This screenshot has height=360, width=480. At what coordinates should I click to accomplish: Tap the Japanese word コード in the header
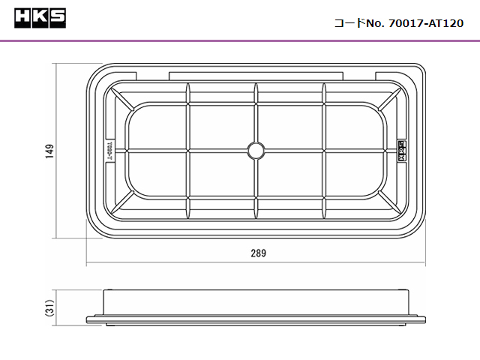(349, 23)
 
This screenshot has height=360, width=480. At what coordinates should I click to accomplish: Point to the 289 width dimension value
(258, 253)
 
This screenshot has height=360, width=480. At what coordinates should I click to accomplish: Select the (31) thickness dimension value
(49, 307)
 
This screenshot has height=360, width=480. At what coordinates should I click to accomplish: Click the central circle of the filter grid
(256, 151)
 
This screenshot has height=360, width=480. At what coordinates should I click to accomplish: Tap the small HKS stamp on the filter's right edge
(400, 151)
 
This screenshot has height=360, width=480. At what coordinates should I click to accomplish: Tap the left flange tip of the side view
(88, 320)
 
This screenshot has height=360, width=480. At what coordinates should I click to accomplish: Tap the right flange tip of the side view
(424, 320)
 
